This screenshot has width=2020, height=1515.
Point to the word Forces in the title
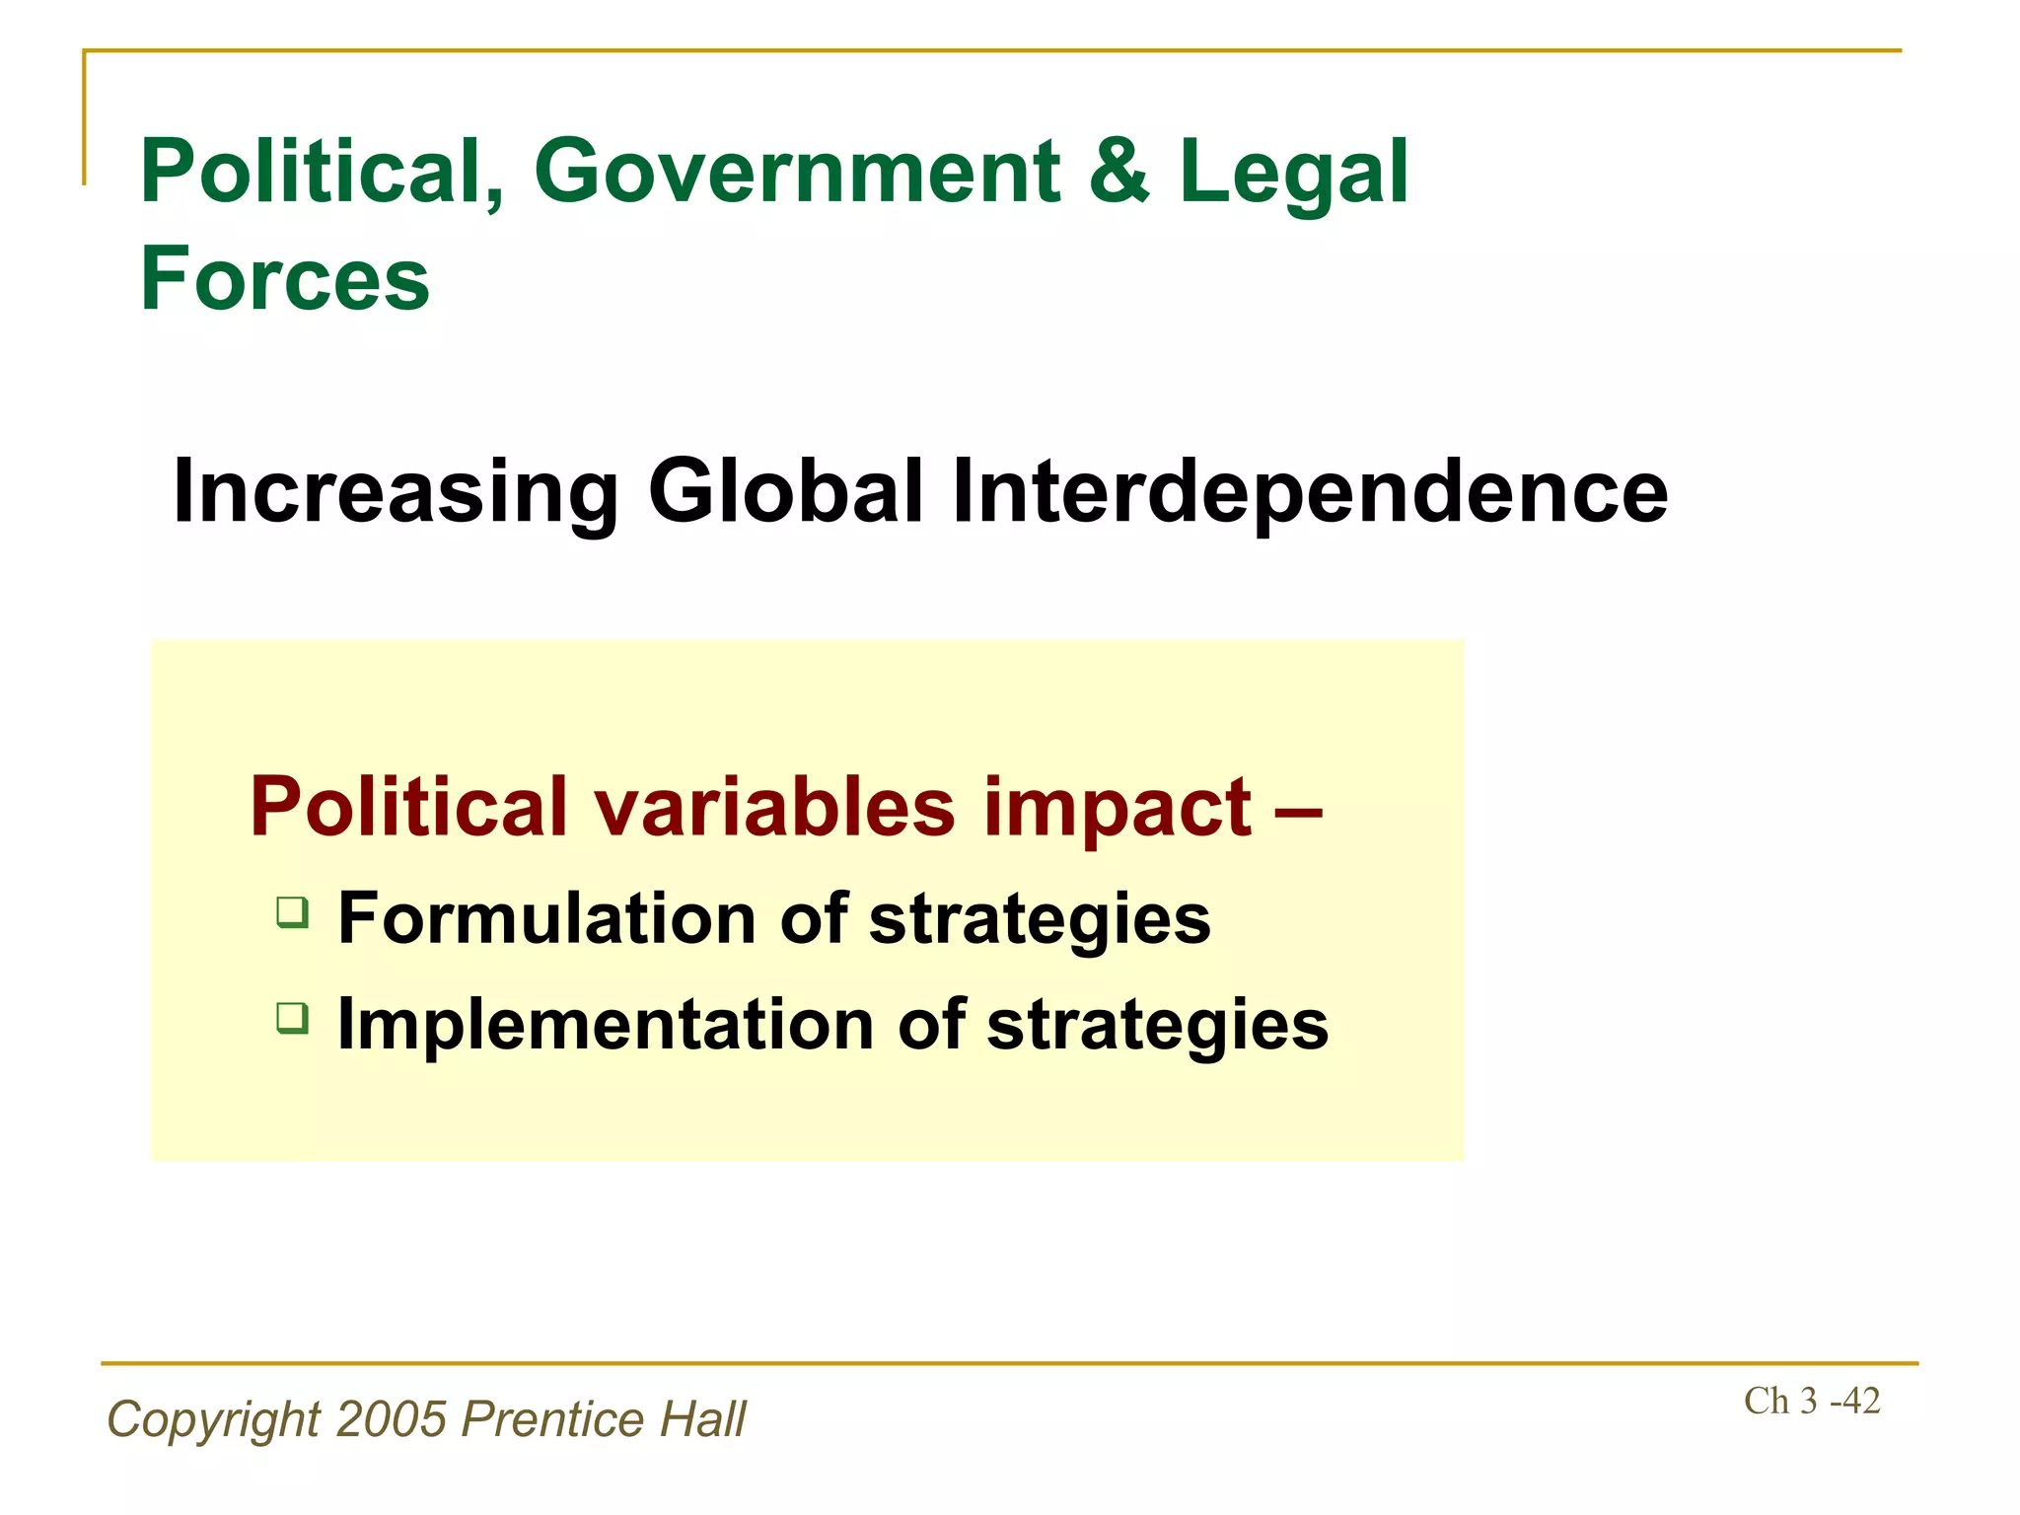click(285, 279)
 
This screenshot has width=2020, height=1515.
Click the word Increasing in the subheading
click(396, 493)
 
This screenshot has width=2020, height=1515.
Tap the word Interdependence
click(1309, 493)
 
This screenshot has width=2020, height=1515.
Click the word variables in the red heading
click(774, 807)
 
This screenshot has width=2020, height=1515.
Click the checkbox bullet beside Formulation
click(292, 911)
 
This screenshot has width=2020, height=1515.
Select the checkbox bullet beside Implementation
click(292, 1017)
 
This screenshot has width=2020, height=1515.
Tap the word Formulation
click(547, 918)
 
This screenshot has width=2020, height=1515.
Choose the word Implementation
click(606, 1025)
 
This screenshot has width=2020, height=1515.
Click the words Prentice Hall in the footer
click(604, 1419)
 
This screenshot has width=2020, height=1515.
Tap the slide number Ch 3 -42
click(1811, 1401)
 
